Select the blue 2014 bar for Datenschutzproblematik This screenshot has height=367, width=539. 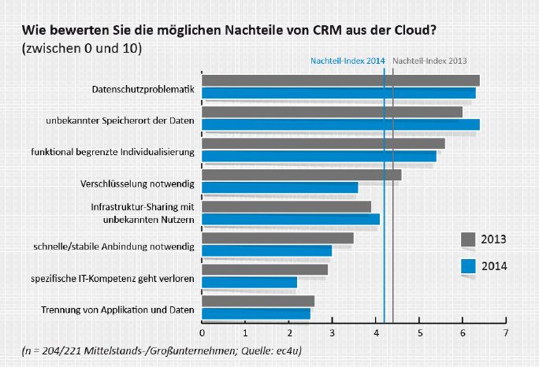click(x=339, y=93)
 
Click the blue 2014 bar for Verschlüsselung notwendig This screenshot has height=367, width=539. click(x=280, y=187)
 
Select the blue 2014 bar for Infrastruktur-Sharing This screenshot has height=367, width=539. click(x=291, y=219)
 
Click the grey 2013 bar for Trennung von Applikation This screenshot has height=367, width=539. click(x=258, y=301)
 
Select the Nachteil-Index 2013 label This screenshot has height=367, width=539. click(x=429, y=60)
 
